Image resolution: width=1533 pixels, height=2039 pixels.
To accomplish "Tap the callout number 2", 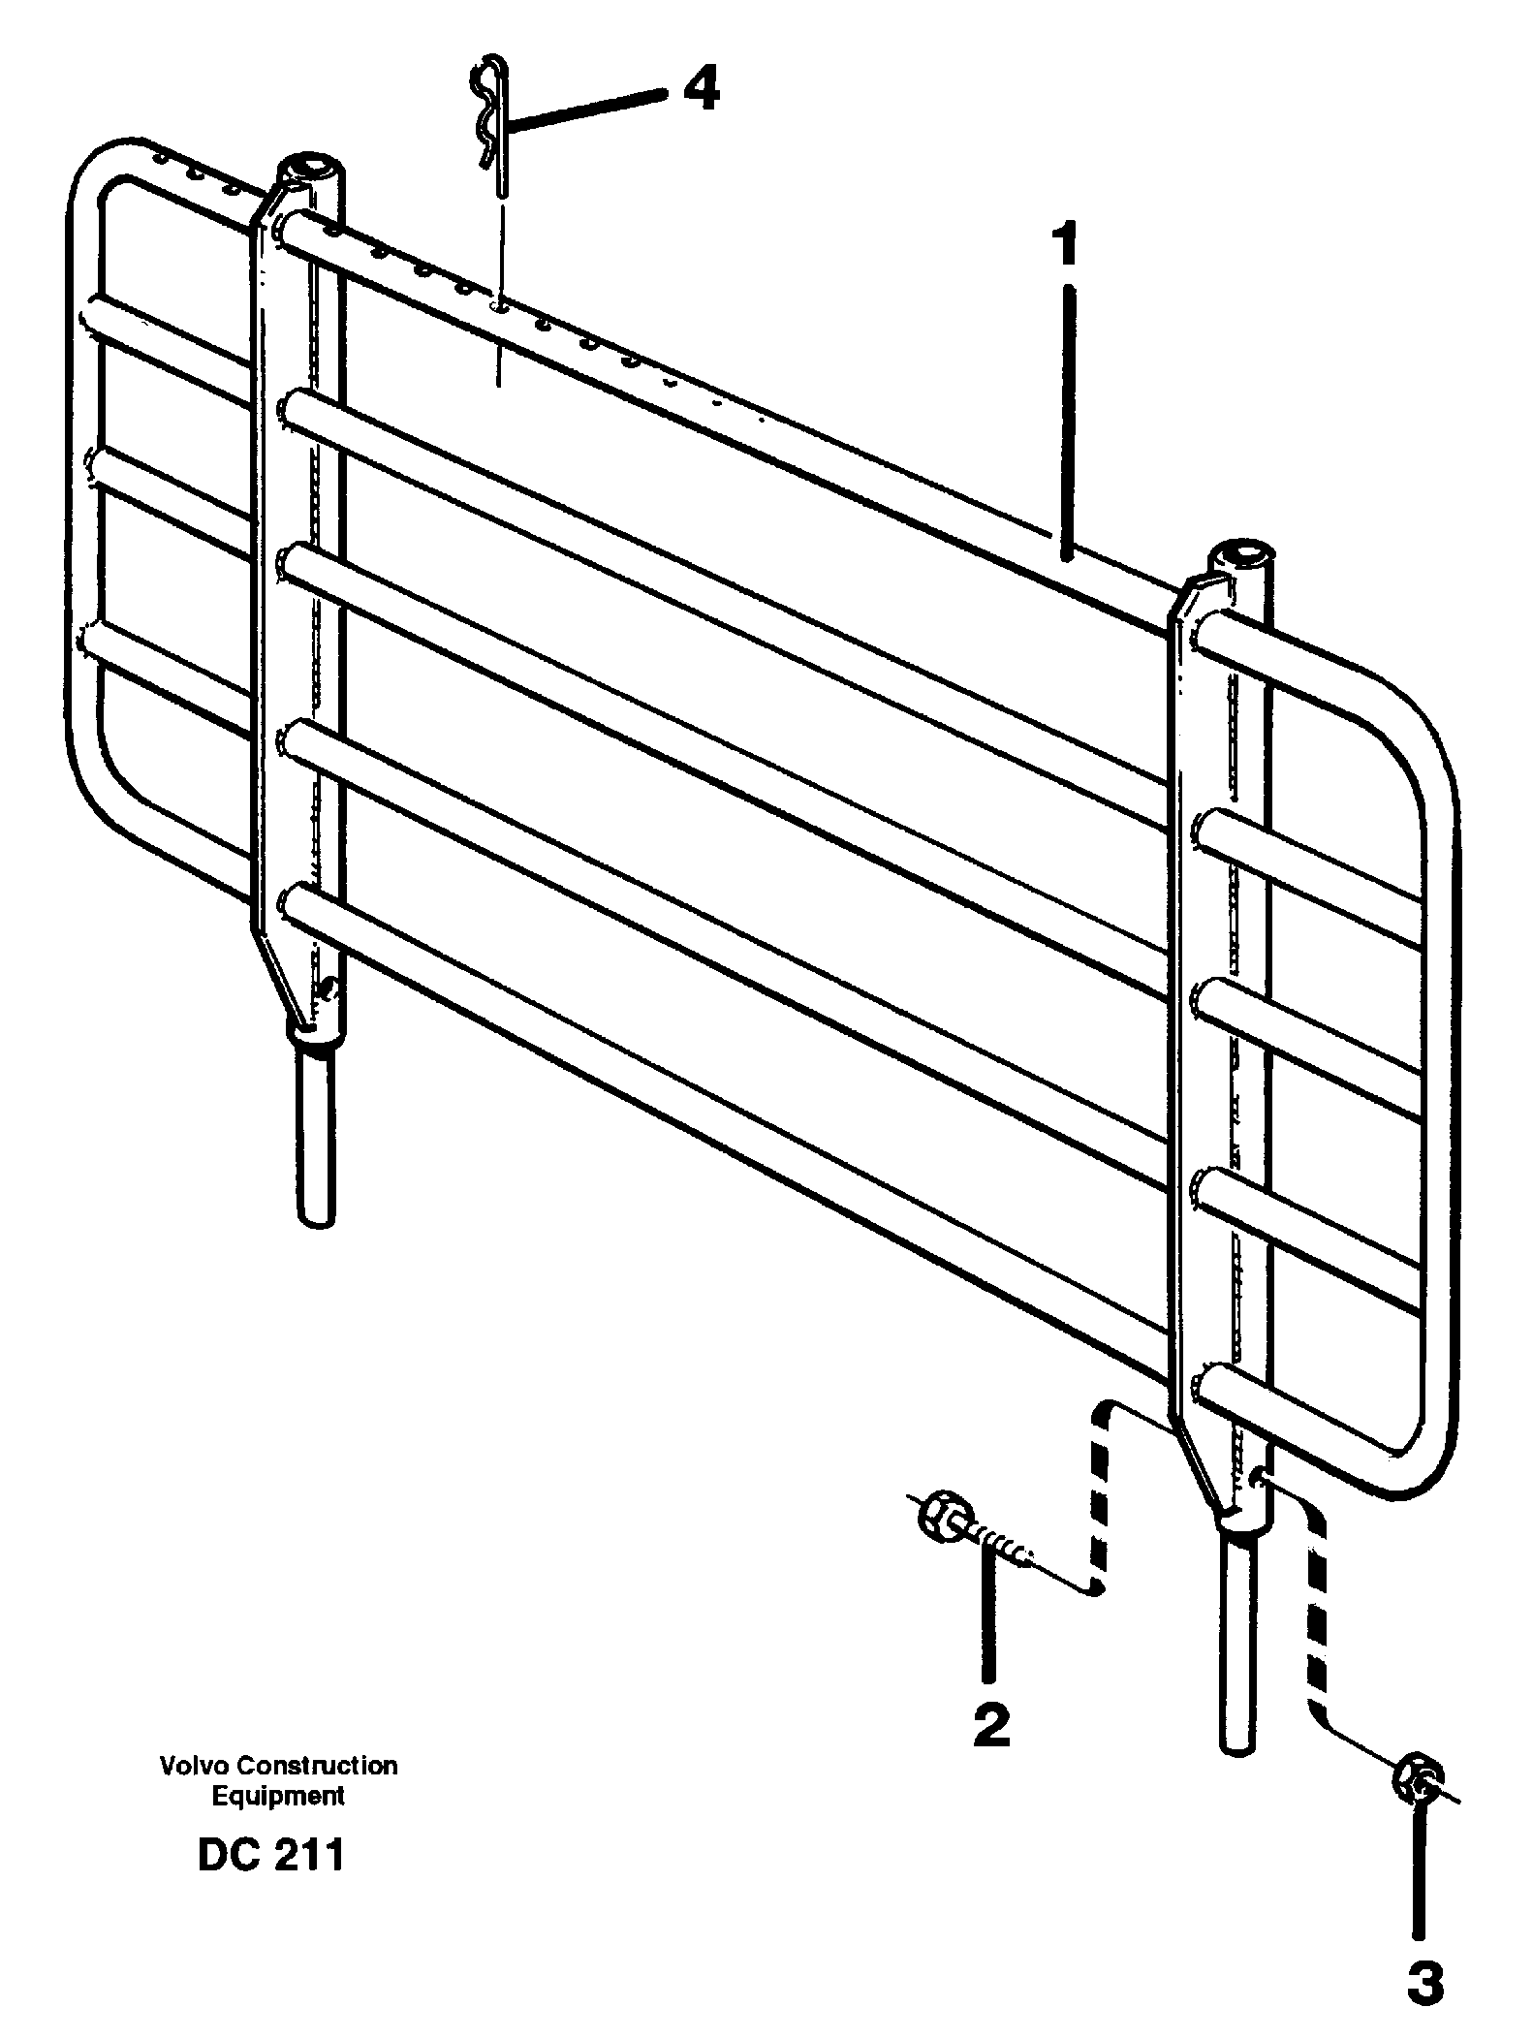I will pyautogui.click(x=990, y=1725).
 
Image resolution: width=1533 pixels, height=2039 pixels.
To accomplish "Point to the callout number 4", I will pyautogui.click(x=701, y=91).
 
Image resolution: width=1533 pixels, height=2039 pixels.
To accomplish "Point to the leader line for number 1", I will pyautogui.click(x=1066, y=422).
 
